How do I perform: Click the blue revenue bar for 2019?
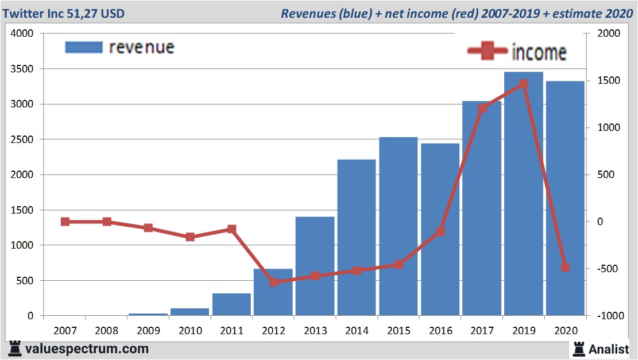point(524,195)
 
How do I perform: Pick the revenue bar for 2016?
point(440,230)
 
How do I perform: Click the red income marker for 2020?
point(565,268)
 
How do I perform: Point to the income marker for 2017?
point(482,108)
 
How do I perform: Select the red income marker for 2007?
point(65,222)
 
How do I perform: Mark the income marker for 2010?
point(190,237)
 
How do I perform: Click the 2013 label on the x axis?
point(315,331)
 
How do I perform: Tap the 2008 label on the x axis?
point(106,331)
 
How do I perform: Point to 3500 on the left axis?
point(23,69)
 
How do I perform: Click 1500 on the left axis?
point(23,210)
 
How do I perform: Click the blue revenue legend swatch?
point(84,47)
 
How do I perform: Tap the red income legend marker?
point(488,52)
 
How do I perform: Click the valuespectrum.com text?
point(87,349)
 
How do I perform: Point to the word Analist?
point(609,348)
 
